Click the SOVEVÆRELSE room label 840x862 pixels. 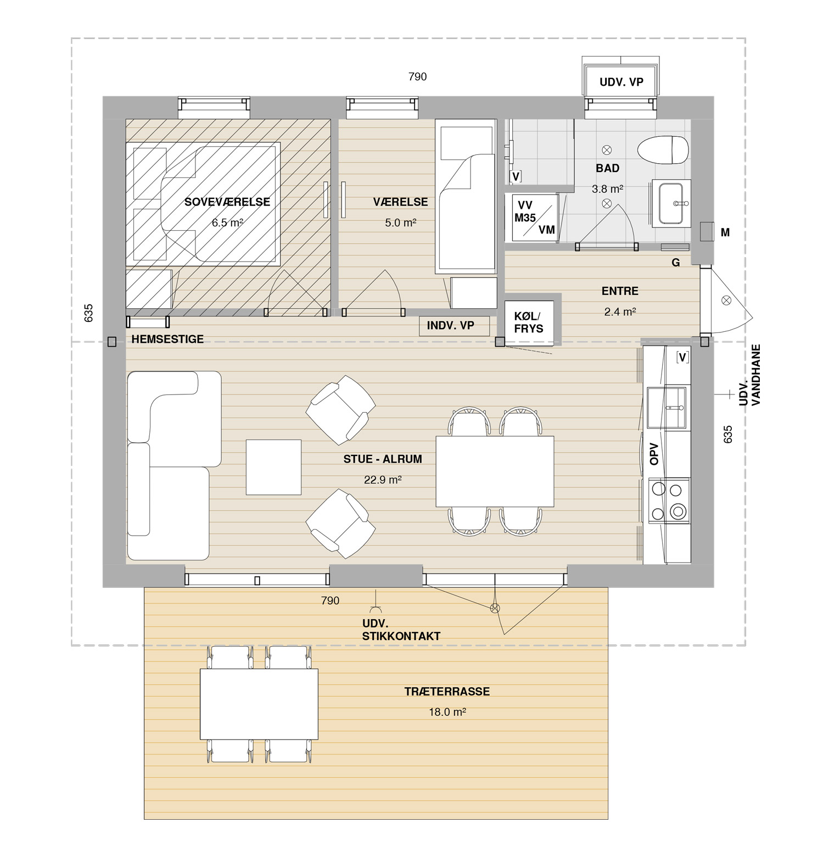(227, 202)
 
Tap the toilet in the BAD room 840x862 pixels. (663, 149)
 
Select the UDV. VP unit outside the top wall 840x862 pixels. (621, 82)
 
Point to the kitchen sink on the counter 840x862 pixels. (667, 407)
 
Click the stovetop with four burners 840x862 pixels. (669, 500)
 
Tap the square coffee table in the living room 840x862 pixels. (273, 467)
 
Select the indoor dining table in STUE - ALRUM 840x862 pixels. (495, 471)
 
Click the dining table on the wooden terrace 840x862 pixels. (259, 704)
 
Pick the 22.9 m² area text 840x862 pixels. (383, 480)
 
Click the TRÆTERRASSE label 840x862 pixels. (447, 692)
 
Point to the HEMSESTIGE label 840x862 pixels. (167, 339)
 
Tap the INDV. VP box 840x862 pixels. (451, 325)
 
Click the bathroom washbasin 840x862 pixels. (670, 203)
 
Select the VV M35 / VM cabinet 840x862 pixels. (534, 217)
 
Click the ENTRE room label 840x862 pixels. (620, 291)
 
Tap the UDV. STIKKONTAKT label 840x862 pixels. (401, 630)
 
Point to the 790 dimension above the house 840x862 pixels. (417, 77)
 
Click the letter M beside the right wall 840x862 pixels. (725, 232)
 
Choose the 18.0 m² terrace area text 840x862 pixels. (447, 712)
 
